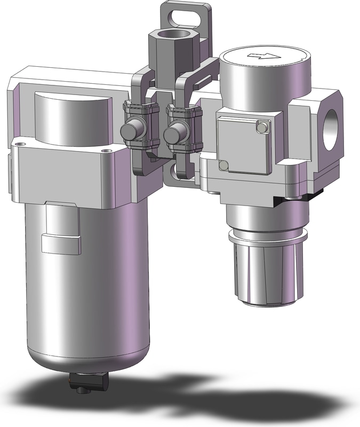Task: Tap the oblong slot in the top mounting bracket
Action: click(x=186, y=16)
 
